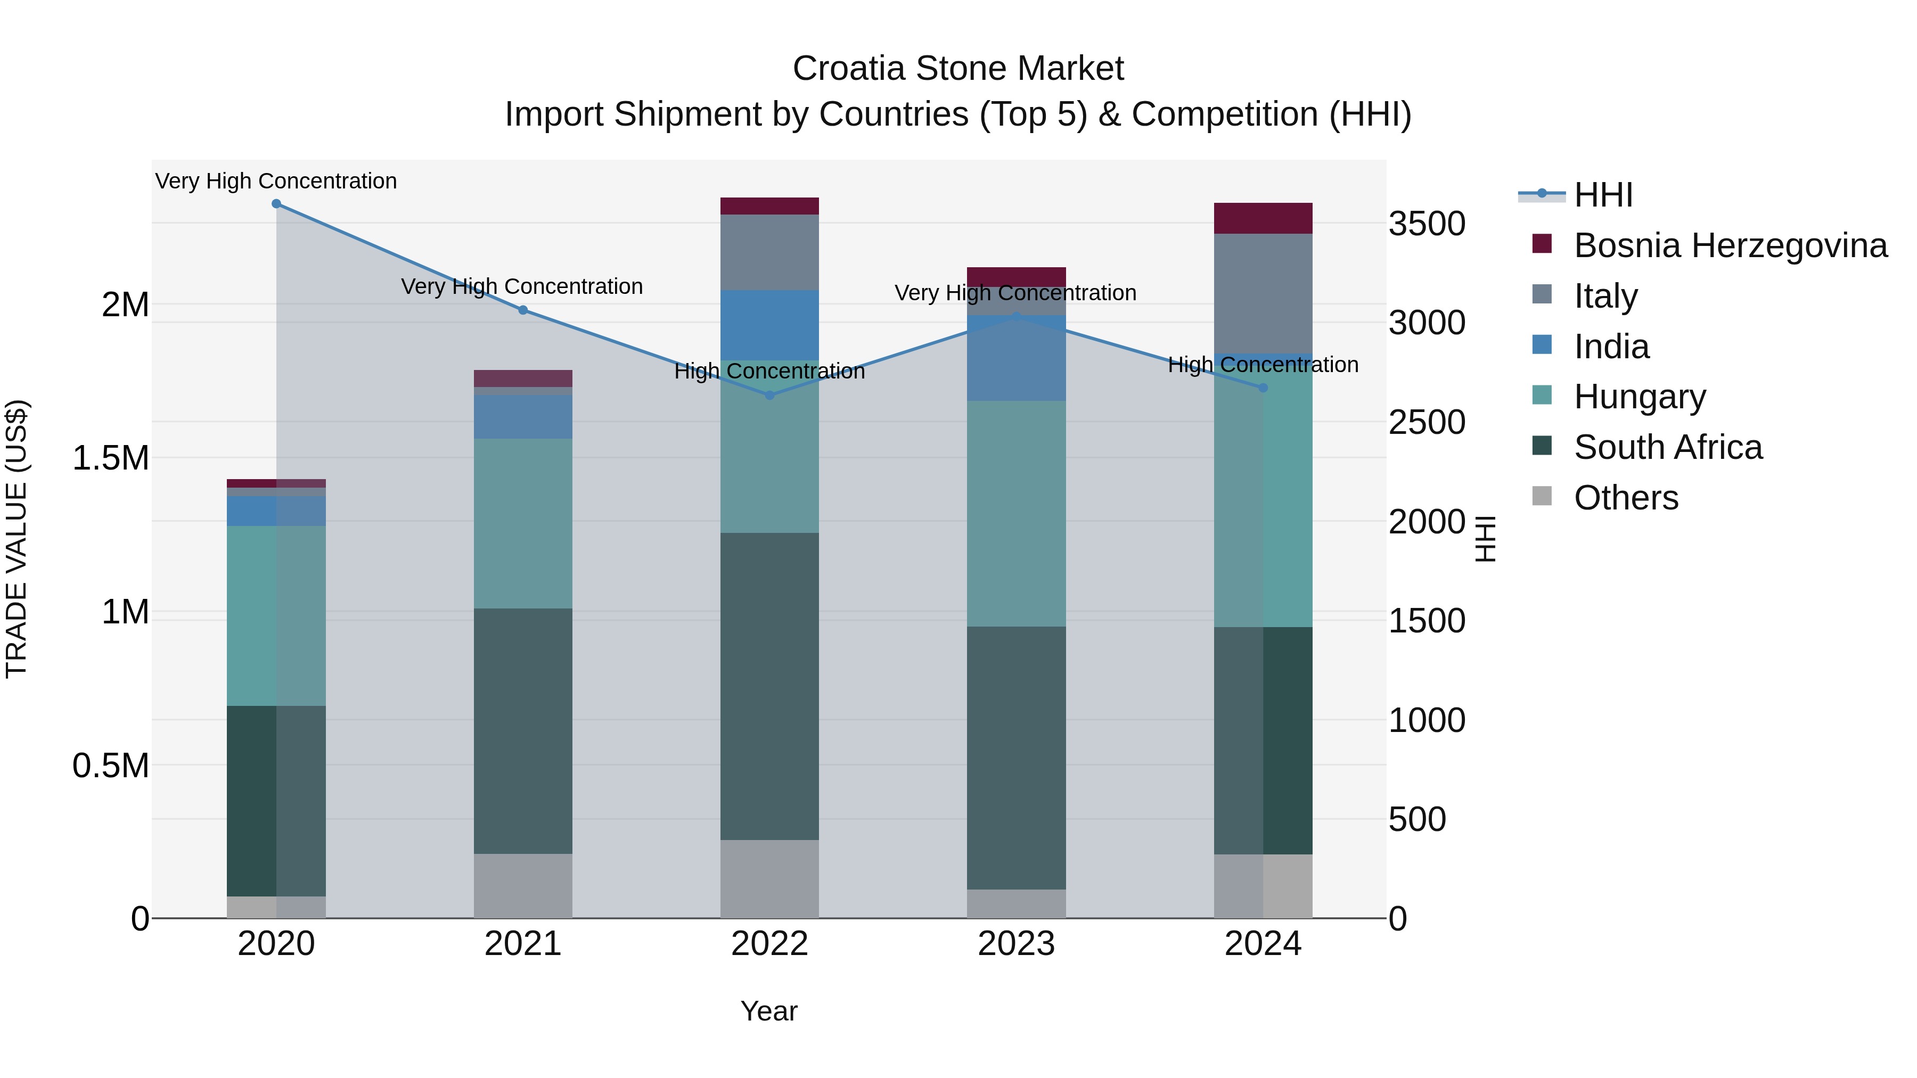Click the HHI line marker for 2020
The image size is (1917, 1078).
tap(276, 204)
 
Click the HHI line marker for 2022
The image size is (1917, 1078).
tap(769, 395)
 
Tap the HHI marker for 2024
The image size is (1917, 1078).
tap(1263, 388)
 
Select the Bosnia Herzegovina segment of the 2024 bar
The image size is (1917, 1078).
tap(1263, 218)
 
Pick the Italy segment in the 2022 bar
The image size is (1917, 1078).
tap(769, 252)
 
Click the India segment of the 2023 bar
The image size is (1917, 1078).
tap(1016, 358)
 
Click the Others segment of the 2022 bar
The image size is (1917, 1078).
tap(769, 878)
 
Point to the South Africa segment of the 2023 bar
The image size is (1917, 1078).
tap(1016, 758)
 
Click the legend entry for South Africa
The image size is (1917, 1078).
tap(1668, 447)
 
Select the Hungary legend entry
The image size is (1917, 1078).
tap(1640, 397)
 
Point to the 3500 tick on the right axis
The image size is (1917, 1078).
tap(1427, 224)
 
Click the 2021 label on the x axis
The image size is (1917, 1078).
tap(522, 944)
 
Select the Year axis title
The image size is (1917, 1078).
tap(769, 1011)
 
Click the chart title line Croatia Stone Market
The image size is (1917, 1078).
tap(958, 69)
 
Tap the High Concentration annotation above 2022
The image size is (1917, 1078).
tap(769, 371)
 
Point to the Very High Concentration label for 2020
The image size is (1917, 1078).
tap(276, 181)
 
